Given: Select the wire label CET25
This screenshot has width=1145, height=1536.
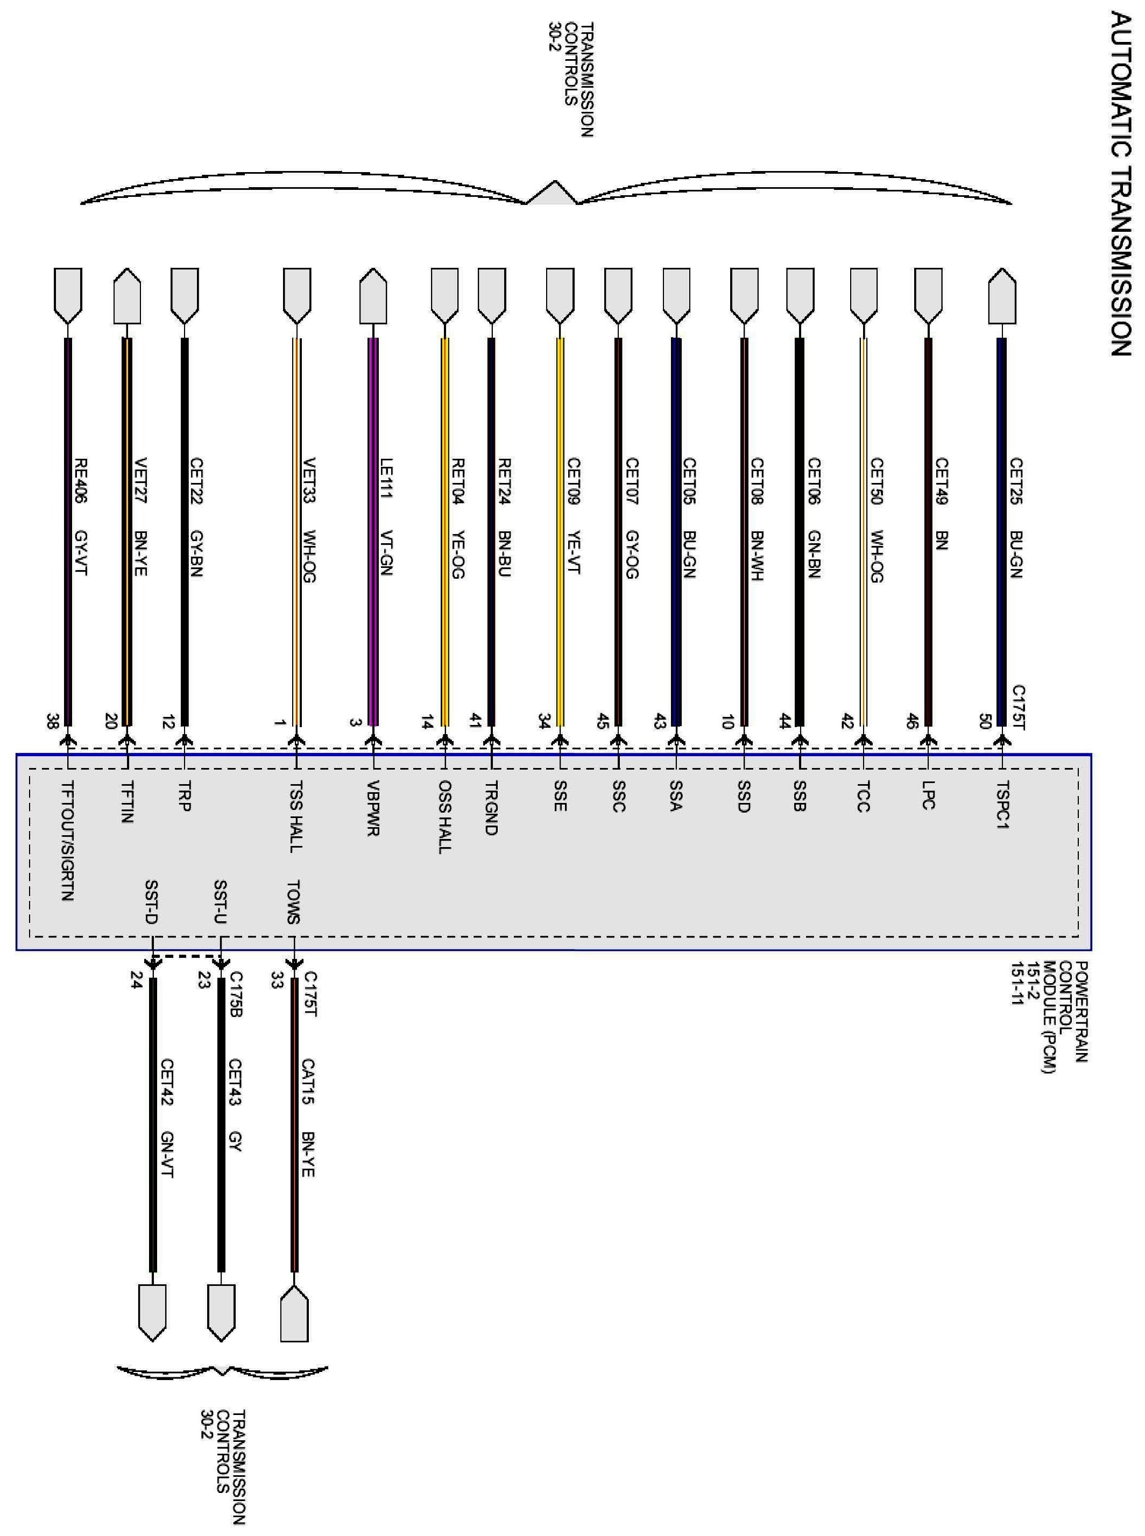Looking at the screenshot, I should click(x=1016, y=481).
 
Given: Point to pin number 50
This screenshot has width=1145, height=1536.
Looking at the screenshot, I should click(x=985, y=721).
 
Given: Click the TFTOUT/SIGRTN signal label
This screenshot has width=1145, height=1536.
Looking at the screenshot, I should click(x=67, y=841).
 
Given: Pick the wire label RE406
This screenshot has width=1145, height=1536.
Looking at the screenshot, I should click(x=80, y=481).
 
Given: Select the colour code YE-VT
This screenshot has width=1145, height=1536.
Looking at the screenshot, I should click(x=573, y=552).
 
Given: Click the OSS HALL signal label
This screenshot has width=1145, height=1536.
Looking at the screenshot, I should click(x=444, y=817).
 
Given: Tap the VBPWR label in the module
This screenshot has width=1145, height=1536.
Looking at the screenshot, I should click(x=373, y=808).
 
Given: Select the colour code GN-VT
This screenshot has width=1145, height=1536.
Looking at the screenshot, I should click(x=167, y=1155).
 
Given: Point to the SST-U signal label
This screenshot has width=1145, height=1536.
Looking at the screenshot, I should click(x=221, y=902).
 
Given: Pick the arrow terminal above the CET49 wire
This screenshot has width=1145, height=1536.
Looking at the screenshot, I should click(x=928, y=296).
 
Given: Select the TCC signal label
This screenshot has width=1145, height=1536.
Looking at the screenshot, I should click(x=863, y=797).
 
